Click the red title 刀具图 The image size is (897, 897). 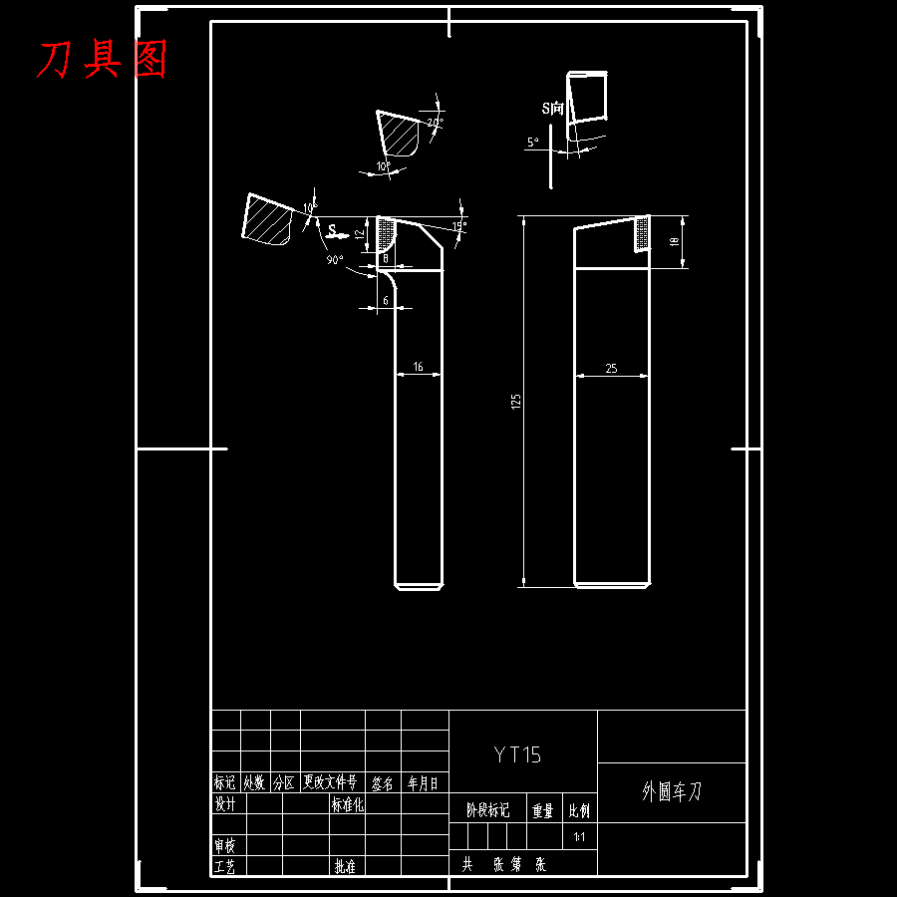[101, 60]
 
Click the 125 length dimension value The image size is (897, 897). [515, 401]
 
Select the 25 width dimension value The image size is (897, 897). [611, 368]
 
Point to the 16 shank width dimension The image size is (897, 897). [418, 367]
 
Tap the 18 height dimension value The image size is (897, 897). [674, 241]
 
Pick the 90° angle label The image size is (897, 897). [334, 260]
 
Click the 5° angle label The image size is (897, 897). [533, 143]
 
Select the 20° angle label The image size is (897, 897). [435, 123]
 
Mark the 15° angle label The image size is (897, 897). [458, 226]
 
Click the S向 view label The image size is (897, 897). [552, 107]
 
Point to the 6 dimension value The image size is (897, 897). [386, 300]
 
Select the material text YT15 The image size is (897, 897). [518, 754]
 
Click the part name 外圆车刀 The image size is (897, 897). [671, 792]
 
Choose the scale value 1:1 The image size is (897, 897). [579, 837]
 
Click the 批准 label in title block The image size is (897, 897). [345, 866]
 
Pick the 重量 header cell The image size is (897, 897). [542, 811]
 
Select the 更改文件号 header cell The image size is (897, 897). [329, 783]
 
